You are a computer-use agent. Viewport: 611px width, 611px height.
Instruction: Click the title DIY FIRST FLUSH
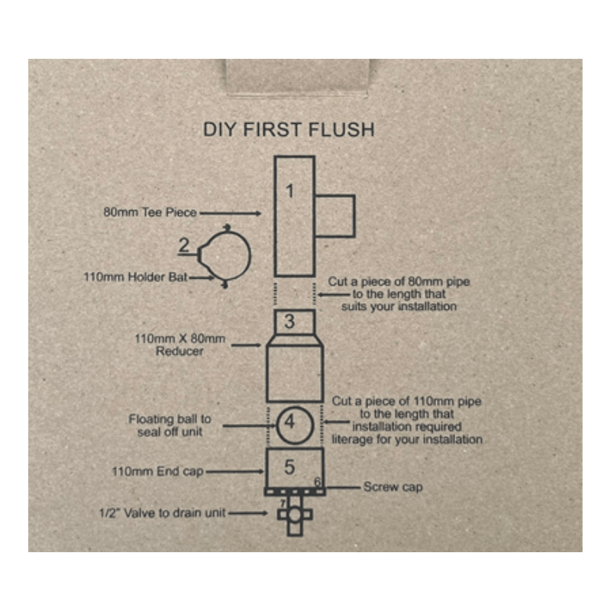pos(289,129)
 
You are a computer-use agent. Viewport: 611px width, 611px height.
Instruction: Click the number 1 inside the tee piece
pos(289,191)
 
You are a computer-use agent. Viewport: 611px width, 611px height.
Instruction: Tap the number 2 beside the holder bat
pos(184,246)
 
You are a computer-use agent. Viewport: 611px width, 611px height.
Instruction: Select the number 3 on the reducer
pos(289,322)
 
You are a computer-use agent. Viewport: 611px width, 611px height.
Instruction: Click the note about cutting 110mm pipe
pos(406,421)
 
